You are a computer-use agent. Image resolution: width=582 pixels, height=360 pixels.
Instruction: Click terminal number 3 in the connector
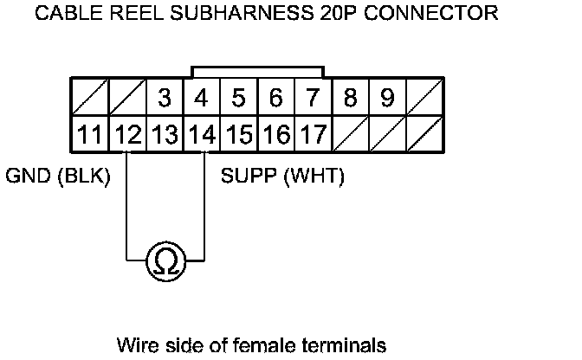coord(165,99)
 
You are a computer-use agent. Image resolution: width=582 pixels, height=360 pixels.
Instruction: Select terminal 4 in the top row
coord(202,99)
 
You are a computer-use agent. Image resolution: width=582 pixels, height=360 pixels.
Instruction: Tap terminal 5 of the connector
coord(239,99)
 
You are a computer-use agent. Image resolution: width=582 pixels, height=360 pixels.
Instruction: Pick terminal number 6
coord(276,99)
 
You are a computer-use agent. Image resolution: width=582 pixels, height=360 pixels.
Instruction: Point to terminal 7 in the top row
coord(314,99)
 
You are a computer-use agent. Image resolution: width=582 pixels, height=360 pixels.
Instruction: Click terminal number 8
coord(351,99)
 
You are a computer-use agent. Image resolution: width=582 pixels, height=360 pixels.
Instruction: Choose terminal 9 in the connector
coord(388,99)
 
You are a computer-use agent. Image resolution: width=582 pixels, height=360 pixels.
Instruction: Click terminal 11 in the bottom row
coord(89,135)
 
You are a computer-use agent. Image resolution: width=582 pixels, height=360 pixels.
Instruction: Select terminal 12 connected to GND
coord(127,135)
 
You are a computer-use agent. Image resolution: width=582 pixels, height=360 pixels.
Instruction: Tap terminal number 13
coord(165,135)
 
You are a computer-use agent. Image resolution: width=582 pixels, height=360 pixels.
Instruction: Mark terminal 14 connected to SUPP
coord(202,135)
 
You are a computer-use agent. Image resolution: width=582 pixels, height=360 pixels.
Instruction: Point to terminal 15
coord(239,135)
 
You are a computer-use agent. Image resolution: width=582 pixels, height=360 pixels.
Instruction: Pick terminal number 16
coord(276,135)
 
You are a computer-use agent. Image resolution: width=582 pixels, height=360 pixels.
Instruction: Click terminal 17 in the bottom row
coord(314,135)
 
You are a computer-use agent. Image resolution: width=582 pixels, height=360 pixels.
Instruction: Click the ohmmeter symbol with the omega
coord(165,260)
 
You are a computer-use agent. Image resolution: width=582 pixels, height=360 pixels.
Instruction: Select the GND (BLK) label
coord(58,177)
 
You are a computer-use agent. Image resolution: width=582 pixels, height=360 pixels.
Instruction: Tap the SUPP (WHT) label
coord(283,177)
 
